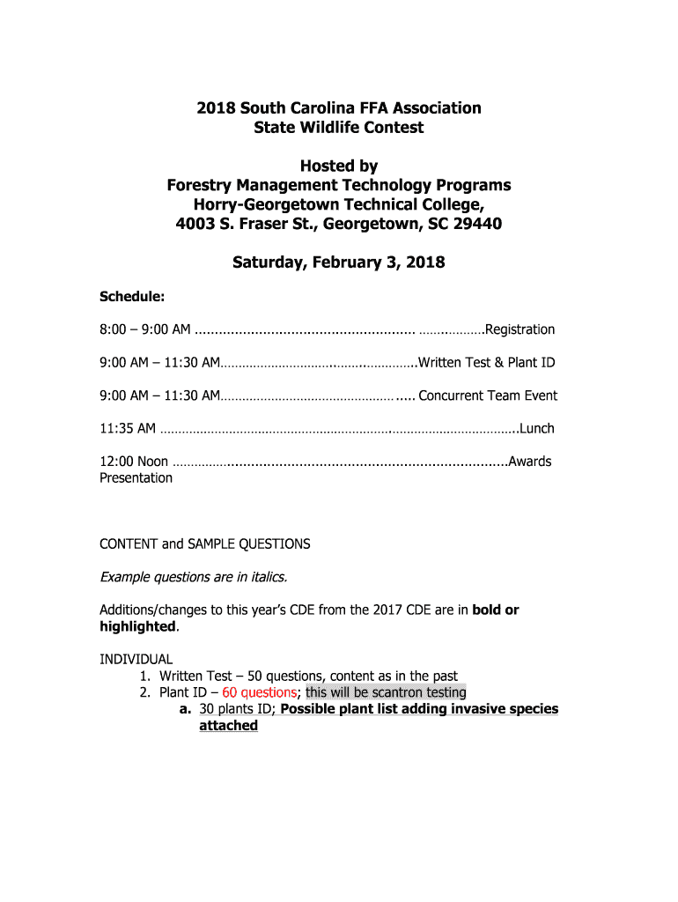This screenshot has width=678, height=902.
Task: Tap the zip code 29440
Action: click(475, 224)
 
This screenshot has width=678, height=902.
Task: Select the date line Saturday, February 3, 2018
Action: click(338, 262)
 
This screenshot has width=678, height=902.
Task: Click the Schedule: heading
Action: click(132, 297)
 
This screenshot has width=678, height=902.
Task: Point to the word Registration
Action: click(520, 329)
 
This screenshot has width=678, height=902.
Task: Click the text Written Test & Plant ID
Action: click(487, 363)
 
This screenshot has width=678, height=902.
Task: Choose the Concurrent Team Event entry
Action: click(488, 396)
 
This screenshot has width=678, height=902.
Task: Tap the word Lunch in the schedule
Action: click(536, 429)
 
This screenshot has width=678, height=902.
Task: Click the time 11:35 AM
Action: click(128, 429)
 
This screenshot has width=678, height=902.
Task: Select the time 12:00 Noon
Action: click(134, 462)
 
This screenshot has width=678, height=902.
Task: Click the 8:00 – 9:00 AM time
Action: click(144, 329)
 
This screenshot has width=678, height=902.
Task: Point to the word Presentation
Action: click(136, 477)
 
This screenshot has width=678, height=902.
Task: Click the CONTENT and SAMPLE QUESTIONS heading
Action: click(205, 544)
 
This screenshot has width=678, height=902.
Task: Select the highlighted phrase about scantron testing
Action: click(386, 692)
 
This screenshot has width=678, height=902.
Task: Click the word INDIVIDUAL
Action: click(136, 659)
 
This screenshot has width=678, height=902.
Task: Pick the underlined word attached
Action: click(228, 726)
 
